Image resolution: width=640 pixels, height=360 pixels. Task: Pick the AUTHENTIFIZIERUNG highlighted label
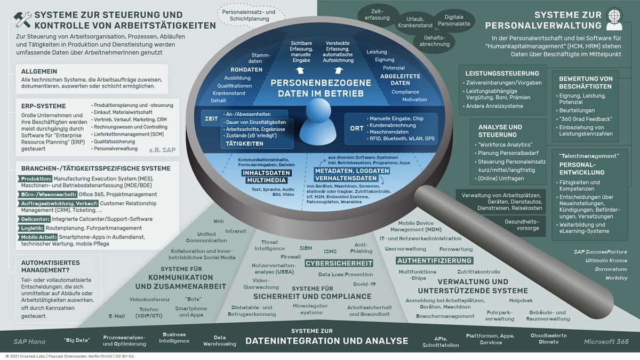pyautogui.click(x=435, y=260)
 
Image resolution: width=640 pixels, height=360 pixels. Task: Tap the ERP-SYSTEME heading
pyautogui.click(x=44, y=106)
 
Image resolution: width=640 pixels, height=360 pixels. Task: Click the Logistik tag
pyautogui.click(x=34, y=228)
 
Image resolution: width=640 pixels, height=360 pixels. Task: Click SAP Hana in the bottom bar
pyautogui.click(x=29, y=341)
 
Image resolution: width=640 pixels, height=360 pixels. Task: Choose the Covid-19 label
pyautogui.click(x=364, y=284)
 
